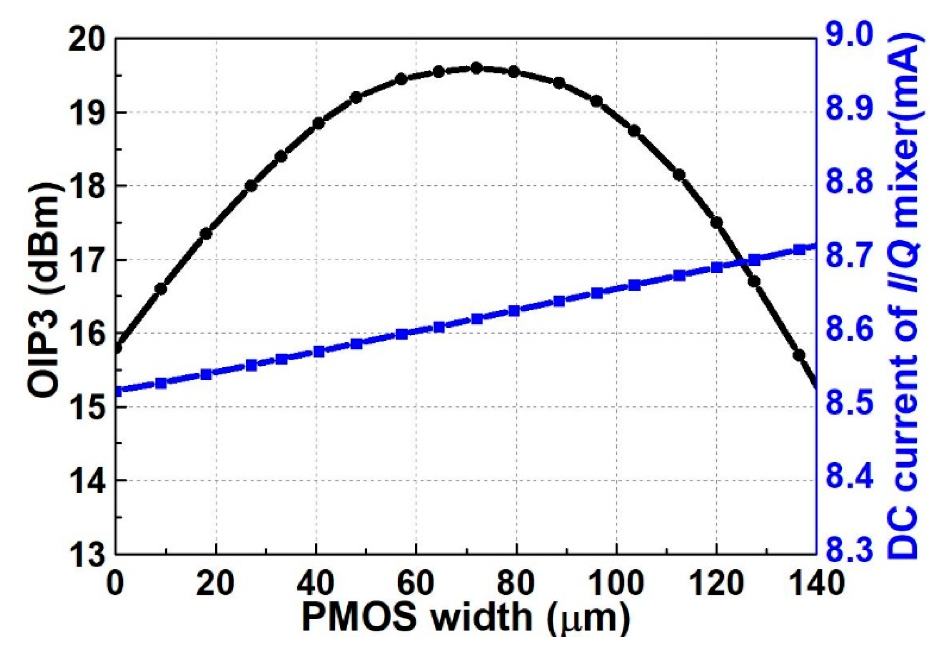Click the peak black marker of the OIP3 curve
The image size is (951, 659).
click(476, 68)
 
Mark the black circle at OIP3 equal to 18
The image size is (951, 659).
click(251, 186)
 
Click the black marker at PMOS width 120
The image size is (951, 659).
click(717, 222)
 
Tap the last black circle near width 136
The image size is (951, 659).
click(799, 355)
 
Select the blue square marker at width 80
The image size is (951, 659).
click(514, 311)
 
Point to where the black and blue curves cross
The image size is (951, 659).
click(742, 263)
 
